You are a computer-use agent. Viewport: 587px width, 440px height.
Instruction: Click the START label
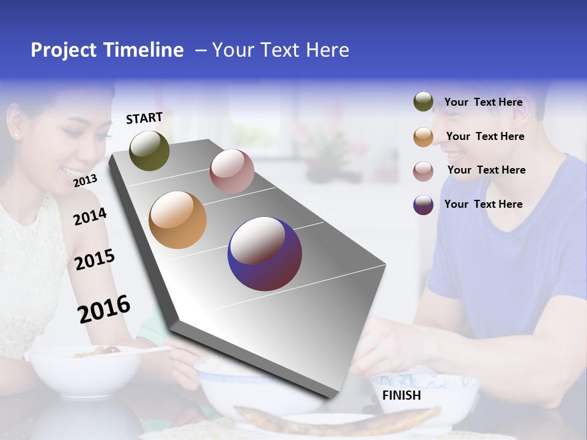pyautogui.click(x=144, y=118)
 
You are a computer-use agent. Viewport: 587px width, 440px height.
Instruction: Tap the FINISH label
pyautogui.click(x=401, y=395)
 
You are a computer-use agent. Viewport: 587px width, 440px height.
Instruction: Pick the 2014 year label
pyautogui.click(x=90, y=216)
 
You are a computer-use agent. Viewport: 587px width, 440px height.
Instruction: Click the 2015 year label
pyautogui.click(x=95, y=260)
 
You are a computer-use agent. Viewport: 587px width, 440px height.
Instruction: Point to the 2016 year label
pyautogui.click(x=104, y=309)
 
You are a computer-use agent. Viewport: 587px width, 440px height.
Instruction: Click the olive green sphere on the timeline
pyautogui.click(x=149, y=151)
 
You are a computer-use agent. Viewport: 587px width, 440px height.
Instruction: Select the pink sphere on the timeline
pyautogui.click(x=232, y=171)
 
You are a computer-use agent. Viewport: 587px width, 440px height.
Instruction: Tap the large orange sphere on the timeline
pyautogui.click(x=177, y=220)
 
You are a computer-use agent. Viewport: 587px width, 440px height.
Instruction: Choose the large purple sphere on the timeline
pyautogui.click(x=265, y=254)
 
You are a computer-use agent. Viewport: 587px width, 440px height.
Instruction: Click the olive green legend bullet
pyautogui.click(x=423, y=102)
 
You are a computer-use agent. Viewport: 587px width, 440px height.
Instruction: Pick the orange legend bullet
pyautogui.click(x=423, y=137)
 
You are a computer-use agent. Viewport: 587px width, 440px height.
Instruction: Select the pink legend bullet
pyautogui.click(x=423, y=171)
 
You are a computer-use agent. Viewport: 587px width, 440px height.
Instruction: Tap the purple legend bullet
pyautogui.click(x=423, y=205)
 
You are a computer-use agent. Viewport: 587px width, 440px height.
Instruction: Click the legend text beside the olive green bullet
pyautogui.click(x=483, y=102)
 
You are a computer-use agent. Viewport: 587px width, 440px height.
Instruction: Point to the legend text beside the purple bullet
pyautogui.click(x=483, y=204)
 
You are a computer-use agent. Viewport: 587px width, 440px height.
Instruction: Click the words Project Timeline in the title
pyautogui.click(x=107, y=50)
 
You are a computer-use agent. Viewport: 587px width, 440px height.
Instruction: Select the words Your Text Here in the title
pyautogui.click(x=280, y=50)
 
